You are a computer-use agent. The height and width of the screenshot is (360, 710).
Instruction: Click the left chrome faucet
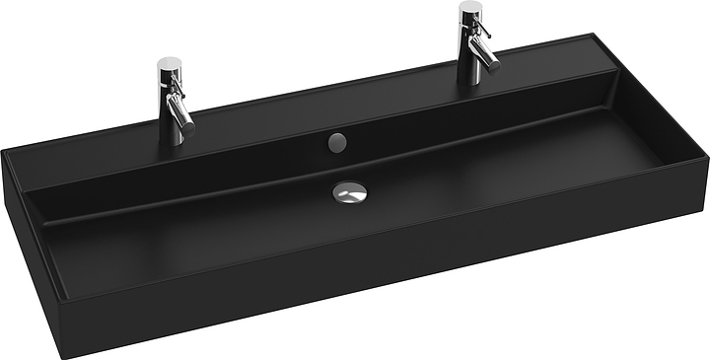[175, 104]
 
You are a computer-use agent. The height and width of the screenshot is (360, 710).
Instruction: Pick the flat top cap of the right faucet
[470, 7]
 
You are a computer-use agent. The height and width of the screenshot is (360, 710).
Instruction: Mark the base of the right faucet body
[471, 77]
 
